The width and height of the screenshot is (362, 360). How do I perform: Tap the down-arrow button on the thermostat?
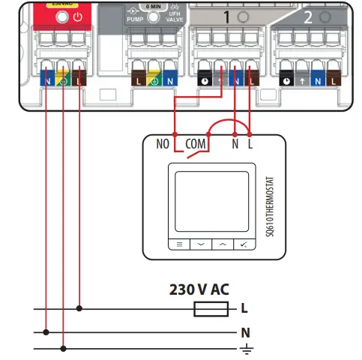(x=200, y=244)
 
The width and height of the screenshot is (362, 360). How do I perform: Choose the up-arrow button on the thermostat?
(x=223, y=244)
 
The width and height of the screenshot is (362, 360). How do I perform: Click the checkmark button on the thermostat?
(x=244, y=244)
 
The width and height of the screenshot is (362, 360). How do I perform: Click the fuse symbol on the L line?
(x=205, y=307)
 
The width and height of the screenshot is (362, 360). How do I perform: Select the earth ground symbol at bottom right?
(x=244, y=349)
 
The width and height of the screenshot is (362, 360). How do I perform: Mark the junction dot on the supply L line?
(x=79, y=307)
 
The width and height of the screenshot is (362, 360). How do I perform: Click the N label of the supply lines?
(x=244, y=331)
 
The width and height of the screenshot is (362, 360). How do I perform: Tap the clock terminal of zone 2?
(x=286, y=78)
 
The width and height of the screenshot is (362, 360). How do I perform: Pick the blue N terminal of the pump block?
(x=171, y=78)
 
